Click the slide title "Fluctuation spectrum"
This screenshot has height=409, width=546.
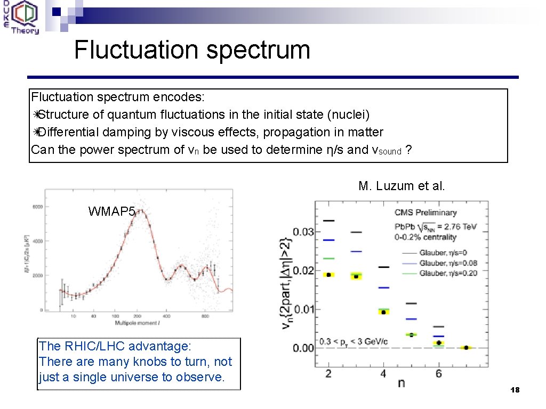point(192,50)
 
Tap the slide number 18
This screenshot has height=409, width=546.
point(514,390)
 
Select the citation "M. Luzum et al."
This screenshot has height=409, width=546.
point(402,186)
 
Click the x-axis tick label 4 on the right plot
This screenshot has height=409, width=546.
point(383,373)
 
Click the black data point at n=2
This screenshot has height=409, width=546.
point(328,275)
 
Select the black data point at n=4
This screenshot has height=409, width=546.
point(383,312)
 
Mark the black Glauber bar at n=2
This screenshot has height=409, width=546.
point(328,220)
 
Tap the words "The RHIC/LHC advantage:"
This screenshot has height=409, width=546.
point(115,346)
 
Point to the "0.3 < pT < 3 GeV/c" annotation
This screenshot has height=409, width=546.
point(355,341)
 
